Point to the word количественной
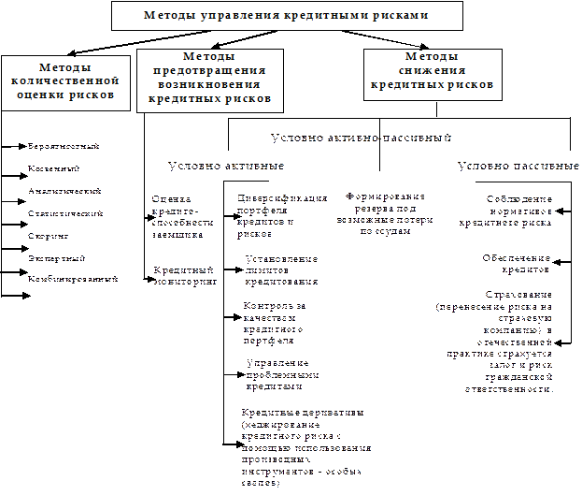coord(65,80)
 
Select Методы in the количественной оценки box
coord(65,67)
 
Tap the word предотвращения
coord(209,70)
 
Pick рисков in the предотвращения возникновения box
coord(248,96)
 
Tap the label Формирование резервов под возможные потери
coord(384,213)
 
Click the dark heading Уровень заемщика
coord(225,166)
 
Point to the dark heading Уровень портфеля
coord(518,166)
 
